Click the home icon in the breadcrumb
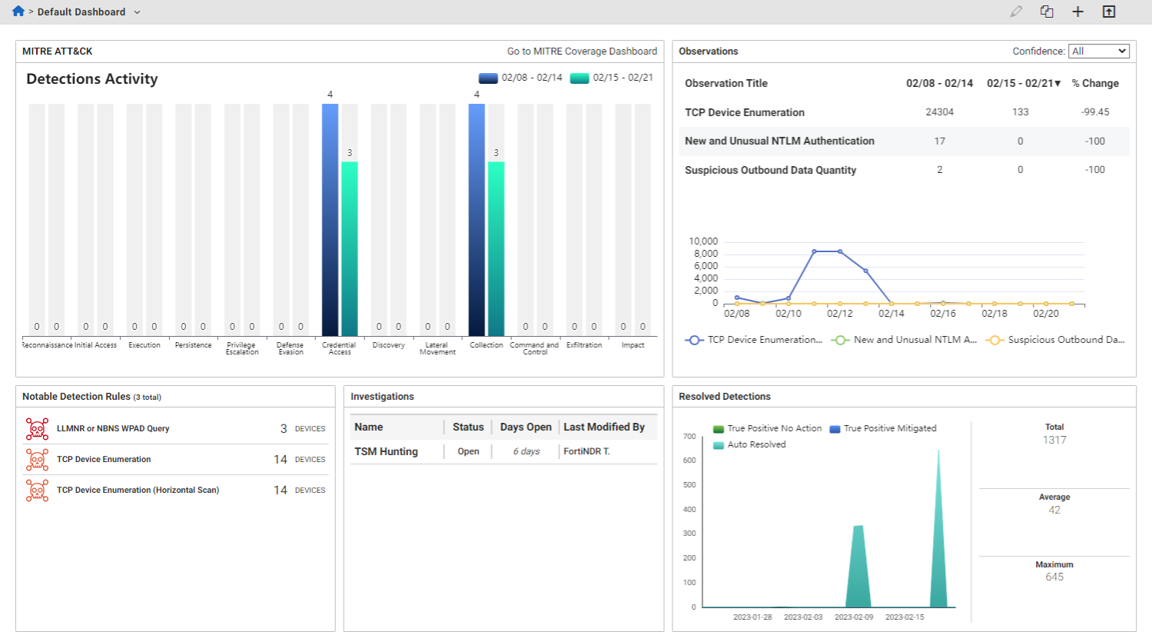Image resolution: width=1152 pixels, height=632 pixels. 18,12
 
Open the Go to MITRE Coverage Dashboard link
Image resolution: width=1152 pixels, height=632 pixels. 582,52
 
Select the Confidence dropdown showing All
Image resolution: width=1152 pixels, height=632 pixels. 1098,52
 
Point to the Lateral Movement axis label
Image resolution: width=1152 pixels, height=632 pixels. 437,348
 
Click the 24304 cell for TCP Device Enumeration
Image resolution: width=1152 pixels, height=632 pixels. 939,112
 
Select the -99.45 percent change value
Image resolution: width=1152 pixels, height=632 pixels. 1094,112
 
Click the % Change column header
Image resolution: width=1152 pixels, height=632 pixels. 1095,83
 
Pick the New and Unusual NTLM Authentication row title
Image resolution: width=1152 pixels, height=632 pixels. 779,141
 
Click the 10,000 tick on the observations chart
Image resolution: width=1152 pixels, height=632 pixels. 702,241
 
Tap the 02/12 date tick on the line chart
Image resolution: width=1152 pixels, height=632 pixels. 839,314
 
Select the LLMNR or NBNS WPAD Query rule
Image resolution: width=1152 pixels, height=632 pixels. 113,429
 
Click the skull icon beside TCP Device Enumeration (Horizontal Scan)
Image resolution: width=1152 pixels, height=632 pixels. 37,491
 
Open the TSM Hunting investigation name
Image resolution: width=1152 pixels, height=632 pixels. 386,452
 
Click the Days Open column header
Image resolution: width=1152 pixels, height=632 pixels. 526,427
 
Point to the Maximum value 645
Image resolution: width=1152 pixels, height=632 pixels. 1054,577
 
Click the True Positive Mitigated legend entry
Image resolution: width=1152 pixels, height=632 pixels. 889,429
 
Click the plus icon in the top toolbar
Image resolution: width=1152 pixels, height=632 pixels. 1077,12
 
